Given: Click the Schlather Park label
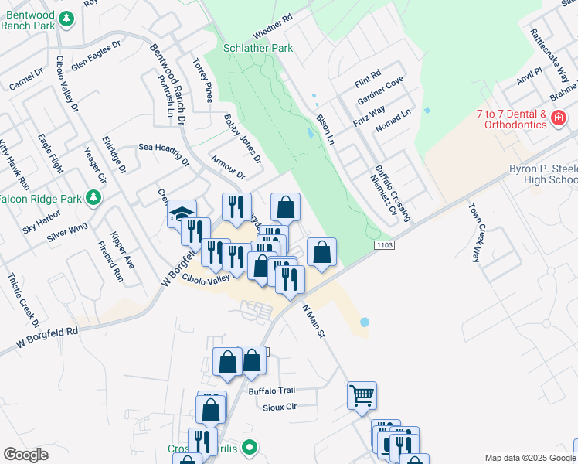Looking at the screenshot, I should coord(258,48).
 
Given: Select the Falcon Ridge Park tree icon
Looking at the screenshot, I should coord(94,199).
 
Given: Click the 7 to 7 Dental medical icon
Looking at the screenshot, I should coord(559,118).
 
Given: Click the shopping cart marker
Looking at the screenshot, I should coord(362,396).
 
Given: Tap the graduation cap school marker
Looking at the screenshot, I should coord(182,213).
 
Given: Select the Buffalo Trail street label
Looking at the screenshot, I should coord(272,391).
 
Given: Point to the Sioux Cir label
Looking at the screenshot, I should coord(280,405).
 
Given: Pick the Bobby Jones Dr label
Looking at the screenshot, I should coord(243,138).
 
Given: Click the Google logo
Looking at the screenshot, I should coord(26,455).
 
